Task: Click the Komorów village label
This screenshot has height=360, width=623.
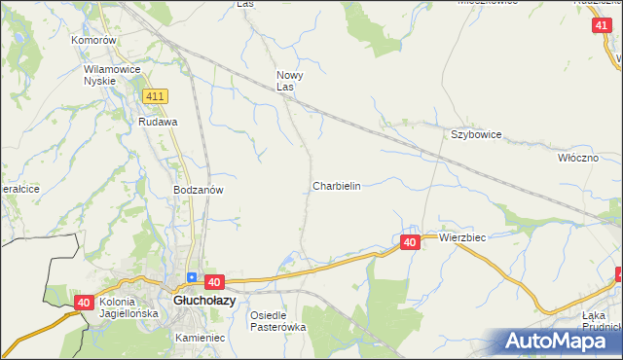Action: (94, 41)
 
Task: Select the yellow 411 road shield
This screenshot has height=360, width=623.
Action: (155, 96)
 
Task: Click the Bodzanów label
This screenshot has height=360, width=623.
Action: (199, 190)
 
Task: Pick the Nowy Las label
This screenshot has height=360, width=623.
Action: (289, 81)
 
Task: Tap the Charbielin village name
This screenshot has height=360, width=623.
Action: (337, 185)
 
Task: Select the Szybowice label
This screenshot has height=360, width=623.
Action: (475, 135)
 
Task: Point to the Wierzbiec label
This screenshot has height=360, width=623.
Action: (462, 237)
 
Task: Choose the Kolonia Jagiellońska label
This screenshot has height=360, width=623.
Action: (128, 307)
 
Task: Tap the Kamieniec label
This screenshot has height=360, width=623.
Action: (201, 337)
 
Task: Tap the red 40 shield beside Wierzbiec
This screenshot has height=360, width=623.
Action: (410, 241)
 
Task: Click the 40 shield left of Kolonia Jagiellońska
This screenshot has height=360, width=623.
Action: (84, 304)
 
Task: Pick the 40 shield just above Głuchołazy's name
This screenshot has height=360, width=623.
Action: (214, 281)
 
